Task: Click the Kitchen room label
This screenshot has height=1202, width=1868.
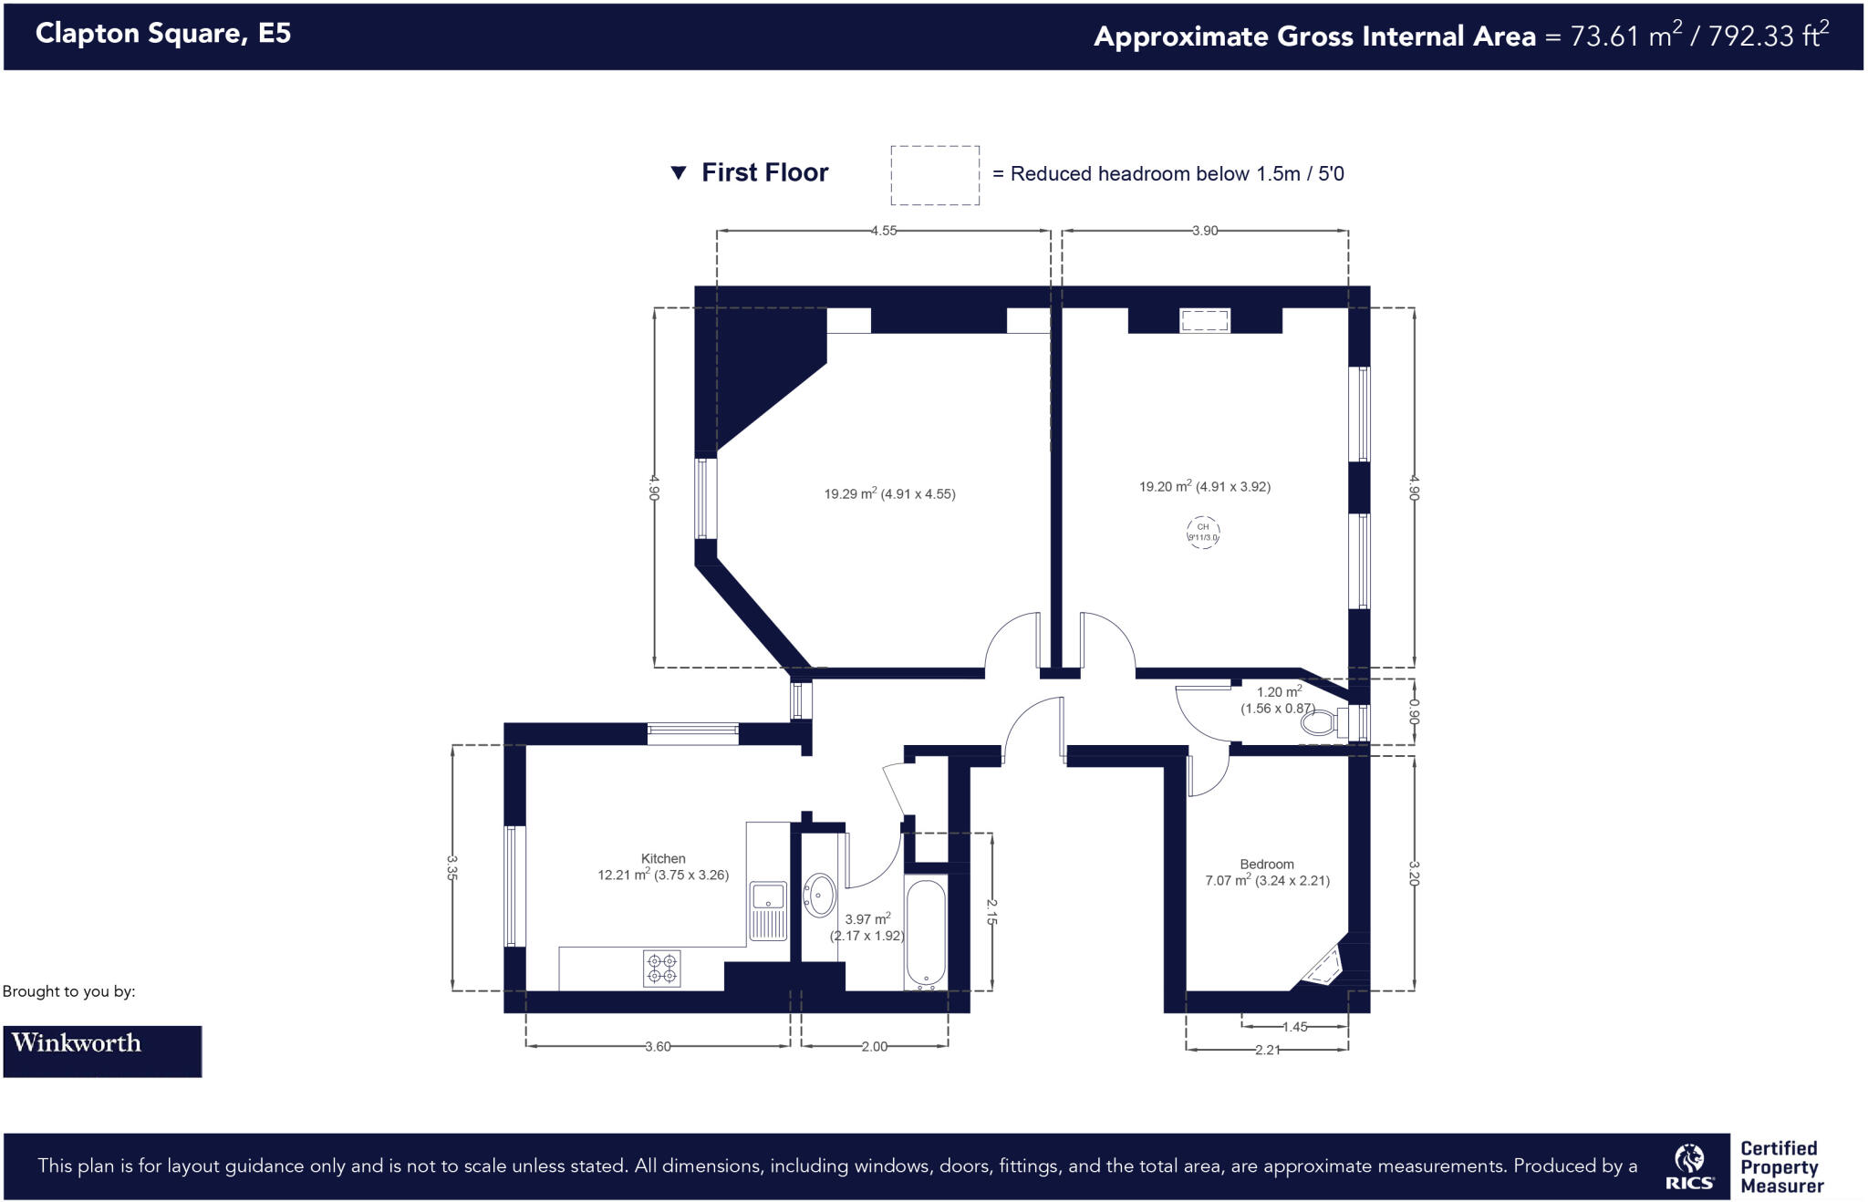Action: (x=663, y=858)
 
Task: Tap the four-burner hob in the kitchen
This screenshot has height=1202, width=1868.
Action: (x=662, y=969)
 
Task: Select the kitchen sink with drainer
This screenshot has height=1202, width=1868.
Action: (x=768, y=909)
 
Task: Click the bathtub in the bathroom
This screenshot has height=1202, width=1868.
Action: (x=926, y=933)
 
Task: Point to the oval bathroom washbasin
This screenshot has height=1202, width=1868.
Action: (x=819, y=895)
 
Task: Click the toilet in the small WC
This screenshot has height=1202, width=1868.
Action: (x=1320, y=724)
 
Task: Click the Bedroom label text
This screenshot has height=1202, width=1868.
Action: (x=1266, y=864)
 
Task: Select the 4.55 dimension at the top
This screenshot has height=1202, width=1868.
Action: (x=883, y=231)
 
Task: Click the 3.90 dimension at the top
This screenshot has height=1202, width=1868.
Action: (x=1205, y=231)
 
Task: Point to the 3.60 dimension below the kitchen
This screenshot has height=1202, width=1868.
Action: (x=658, y=1046)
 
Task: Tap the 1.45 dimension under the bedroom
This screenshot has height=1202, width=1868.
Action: (x=1294, y=1027)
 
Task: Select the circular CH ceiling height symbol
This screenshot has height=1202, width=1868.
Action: (x=1203, y=532)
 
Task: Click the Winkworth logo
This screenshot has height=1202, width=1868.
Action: (x=102, y=1051)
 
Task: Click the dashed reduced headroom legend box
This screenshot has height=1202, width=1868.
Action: (x=935, y=175)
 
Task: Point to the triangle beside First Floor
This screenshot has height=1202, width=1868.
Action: (x=678, y=172)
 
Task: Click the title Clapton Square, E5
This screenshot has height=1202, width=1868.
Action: (x=163, y=34)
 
